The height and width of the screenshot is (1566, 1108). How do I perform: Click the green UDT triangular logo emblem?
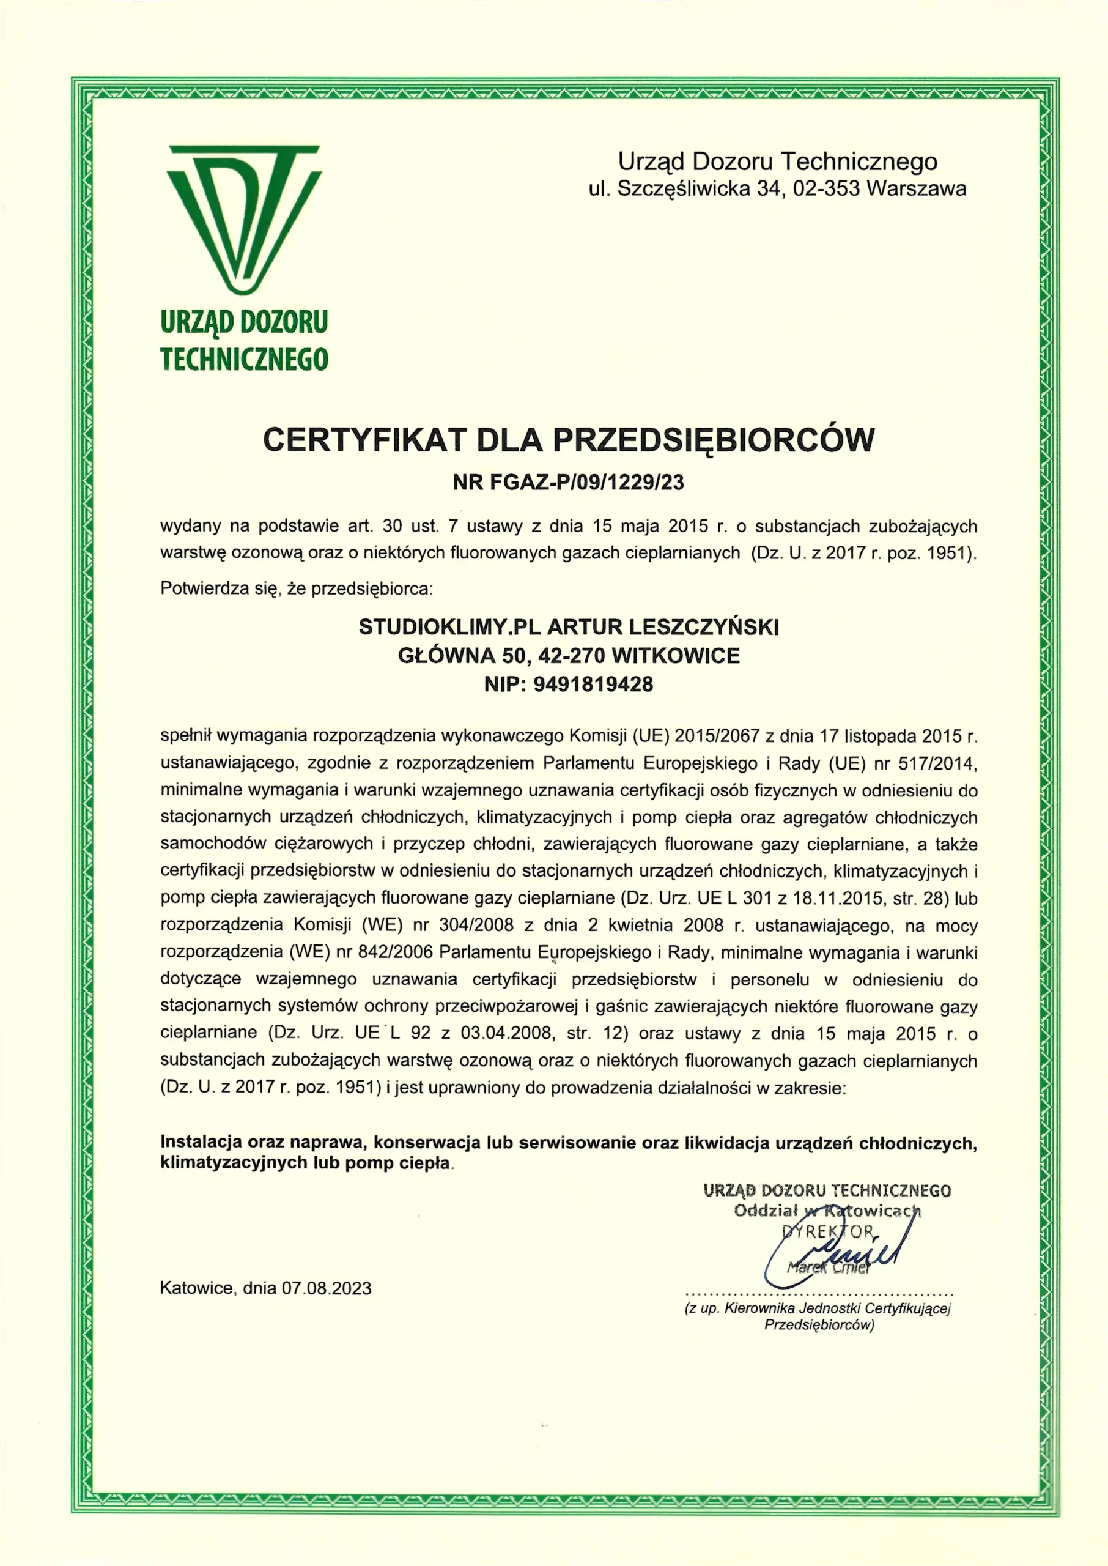click(x=243, y=218)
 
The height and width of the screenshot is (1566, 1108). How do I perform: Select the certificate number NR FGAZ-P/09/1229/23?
click(x=568, y=483)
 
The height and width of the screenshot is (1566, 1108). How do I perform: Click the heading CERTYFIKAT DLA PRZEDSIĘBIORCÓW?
click(x=568, y=440)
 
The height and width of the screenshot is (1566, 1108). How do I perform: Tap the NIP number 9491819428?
click(x=594, y=684)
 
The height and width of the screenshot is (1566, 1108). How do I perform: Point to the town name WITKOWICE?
click(x=676, y=656)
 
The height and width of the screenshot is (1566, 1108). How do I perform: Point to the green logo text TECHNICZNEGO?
click(x=244, y=359)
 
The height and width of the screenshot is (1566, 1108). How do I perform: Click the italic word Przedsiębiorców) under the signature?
click(x=819, y=1325)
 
